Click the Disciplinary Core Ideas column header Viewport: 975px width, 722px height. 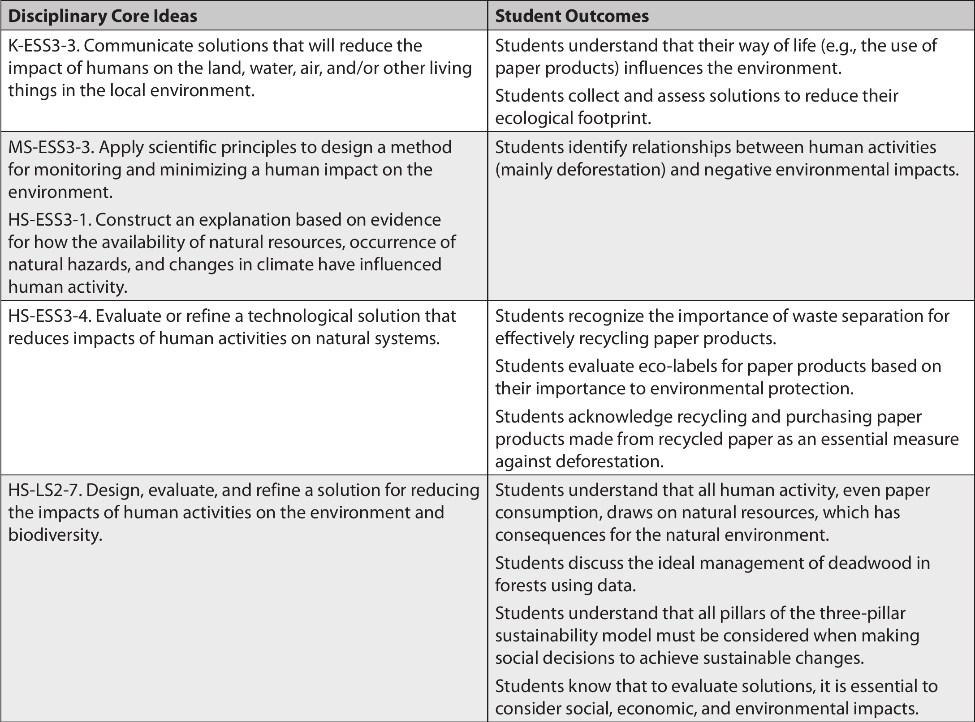click(103, 16)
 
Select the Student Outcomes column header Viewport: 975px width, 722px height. click(572, 16)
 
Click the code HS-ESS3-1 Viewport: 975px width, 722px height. click(49, 220)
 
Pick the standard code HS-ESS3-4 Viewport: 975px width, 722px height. click(49, 316)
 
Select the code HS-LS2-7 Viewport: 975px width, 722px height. click(44, 490)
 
